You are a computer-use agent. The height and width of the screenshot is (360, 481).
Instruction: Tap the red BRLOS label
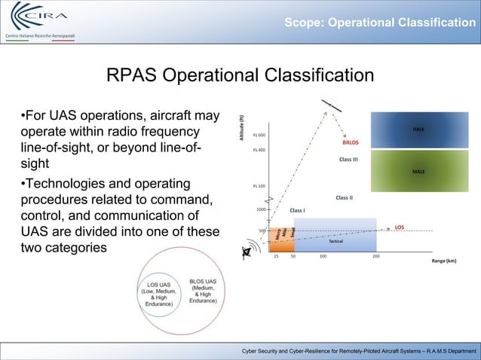pos(351,142)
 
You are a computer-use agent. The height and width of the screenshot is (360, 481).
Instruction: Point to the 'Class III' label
pos(348,160)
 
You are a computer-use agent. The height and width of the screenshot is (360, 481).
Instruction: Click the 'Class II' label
pos(345,198)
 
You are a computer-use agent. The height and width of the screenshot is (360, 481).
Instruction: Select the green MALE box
pos(418,172)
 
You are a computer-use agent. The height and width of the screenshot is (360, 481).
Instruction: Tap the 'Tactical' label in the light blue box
pos(336,242)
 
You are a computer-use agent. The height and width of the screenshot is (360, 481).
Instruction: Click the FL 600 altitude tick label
pos(258,135)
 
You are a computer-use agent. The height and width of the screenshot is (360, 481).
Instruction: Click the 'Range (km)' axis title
pos(444,261)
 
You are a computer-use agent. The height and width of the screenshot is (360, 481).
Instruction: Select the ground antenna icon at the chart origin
pos(247,251)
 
